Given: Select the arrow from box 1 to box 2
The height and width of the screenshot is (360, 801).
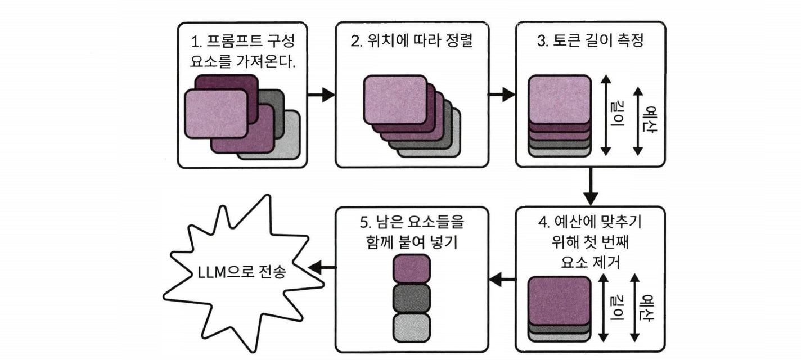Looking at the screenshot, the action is [x=321, y=94].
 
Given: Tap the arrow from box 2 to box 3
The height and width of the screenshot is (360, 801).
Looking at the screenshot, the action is [x=502, y=94].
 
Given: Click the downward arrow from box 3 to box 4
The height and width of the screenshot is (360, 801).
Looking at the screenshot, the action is [x=591, y=186].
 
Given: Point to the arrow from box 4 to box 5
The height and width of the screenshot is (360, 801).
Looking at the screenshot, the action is [x=502, y=279].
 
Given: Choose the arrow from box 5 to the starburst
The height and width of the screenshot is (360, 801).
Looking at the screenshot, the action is [x=322, y=267].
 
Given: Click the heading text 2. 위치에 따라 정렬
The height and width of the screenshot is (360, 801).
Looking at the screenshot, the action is [x=412, y=40].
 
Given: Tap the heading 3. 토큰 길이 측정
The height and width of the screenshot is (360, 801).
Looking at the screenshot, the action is [x=591, y=40].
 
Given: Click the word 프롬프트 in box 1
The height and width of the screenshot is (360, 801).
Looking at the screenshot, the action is [x=230, y=41].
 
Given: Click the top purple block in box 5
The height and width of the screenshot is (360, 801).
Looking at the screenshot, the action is [x=412, y=269].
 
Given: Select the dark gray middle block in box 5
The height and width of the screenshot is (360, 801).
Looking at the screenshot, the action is [x=412, y=299].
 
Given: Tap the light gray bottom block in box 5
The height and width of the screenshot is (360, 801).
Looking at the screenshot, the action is [x=412, y=328].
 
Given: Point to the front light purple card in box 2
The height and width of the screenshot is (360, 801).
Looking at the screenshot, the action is [x=395, y=100].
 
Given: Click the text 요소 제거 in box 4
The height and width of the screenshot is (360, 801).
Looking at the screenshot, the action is [x=591, y=262].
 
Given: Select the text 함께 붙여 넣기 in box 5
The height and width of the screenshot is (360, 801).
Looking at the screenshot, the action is [x=412, y=242].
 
